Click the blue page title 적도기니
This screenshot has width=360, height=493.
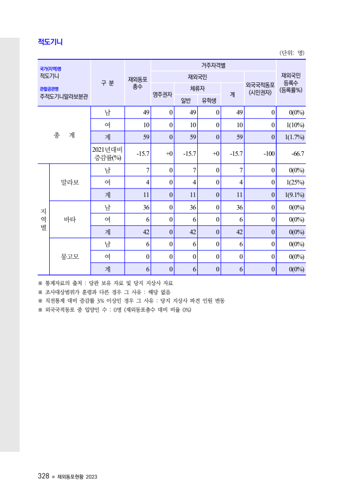(50, 42)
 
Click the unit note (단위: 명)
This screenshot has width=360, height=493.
(292, 52)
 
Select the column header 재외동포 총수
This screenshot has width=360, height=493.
(137, 83)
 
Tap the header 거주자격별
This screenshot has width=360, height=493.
(213, 65)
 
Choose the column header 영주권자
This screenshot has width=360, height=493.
(163, 94)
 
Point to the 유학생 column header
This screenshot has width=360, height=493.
(209, 100)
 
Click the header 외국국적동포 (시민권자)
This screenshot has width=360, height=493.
(260, 88)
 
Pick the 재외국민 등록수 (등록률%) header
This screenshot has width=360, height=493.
(291, 83)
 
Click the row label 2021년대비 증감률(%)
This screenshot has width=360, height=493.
(107, 153)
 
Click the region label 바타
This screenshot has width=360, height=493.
(70, 220)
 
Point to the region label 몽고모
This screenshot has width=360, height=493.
(70, 257)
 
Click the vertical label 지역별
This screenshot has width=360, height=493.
(44, 219)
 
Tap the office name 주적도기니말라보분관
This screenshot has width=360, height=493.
(64, 96)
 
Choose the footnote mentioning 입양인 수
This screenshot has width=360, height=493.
(115, 310)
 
